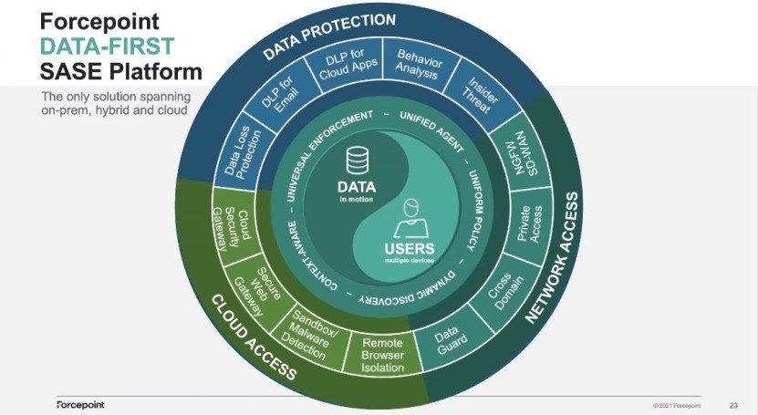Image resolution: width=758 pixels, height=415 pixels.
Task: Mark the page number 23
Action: pyautogui.click(x=733, y=404)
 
